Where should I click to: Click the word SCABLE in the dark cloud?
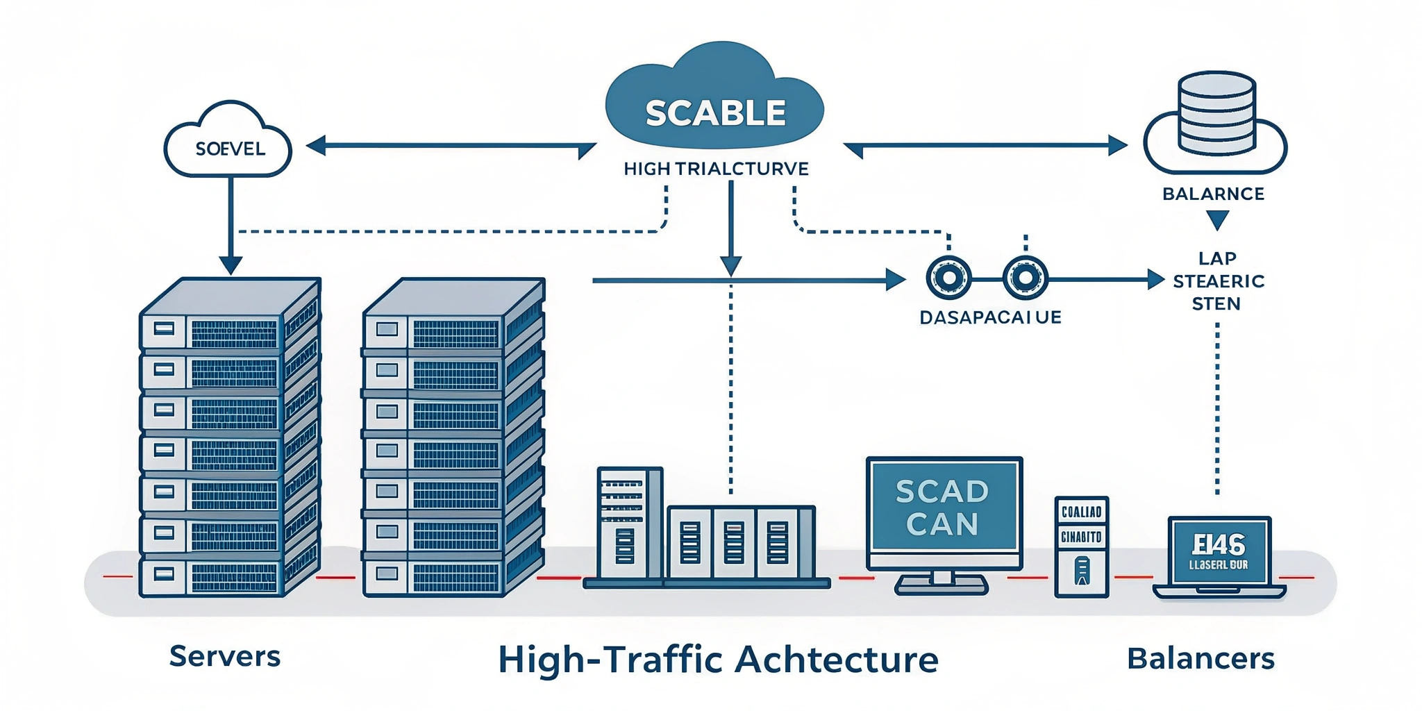pos(715,113)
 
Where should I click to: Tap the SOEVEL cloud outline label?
pos(230,149)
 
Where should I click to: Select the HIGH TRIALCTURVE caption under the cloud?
pos(716,169)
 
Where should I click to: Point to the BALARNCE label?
pos(1213,194)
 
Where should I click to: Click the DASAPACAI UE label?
pos(990,317)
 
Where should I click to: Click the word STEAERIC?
pos(1219,281)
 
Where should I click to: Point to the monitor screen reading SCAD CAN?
pos(943,508)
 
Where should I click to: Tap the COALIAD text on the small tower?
pos(1081,512)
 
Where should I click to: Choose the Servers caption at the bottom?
pos(224,656)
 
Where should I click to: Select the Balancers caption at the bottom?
pos(1201,658)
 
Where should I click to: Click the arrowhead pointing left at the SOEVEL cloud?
pos(316,146)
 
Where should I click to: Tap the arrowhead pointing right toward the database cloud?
pos(1117,146)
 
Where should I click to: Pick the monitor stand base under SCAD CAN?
pos(942,587)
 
